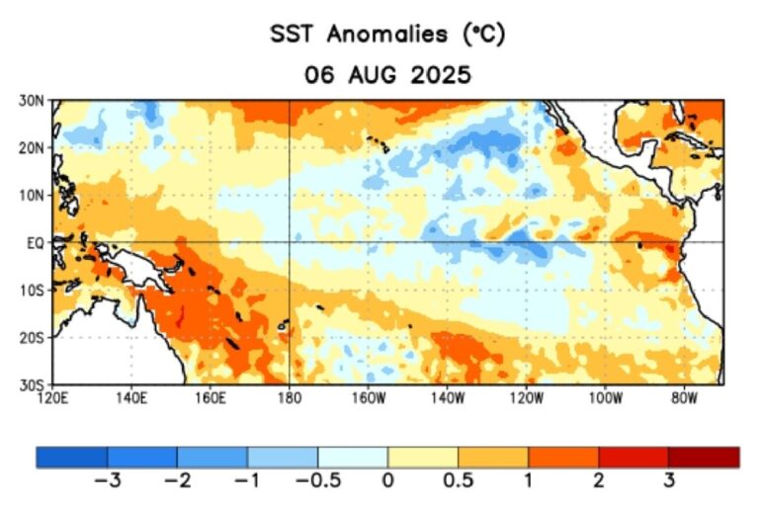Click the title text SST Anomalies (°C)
[x=387, y=35]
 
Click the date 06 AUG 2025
[x=387, y=75]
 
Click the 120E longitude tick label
[x=52, y=397]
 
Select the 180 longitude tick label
[x=289, y=397]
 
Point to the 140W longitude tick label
[x=447, y=397]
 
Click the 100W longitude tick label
[x=605, y=397]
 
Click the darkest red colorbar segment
[x=703, y=457]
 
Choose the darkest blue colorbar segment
[x=72, y=457]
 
